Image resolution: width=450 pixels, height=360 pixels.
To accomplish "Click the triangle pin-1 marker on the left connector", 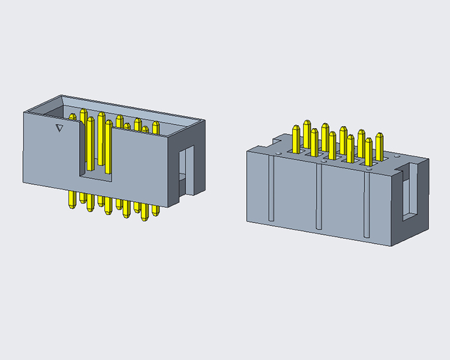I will click(x=58, y=128).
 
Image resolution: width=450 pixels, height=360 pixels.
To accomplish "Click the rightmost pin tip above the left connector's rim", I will click(x=156, y=126).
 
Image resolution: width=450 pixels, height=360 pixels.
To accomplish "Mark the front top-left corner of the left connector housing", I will click(x=23, y=112).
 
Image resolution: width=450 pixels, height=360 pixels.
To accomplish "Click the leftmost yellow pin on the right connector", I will click(x=296, y=138).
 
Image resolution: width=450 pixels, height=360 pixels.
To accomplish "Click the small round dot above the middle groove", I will click(x=324, y=159).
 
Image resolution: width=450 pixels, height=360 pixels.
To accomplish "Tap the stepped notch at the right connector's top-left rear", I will click(x=275, y=142).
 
